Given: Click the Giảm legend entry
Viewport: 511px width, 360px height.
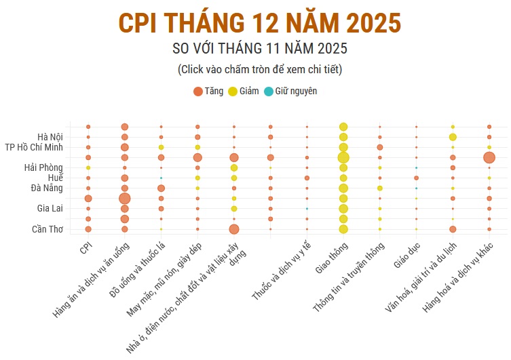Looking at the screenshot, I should (x=244, y=91).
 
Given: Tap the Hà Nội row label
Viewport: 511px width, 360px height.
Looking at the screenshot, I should (x=50, y=137).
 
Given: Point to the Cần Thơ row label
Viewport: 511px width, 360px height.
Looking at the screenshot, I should (x=48, y=229).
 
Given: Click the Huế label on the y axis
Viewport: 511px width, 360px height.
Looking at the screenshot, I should (x=55, y=178).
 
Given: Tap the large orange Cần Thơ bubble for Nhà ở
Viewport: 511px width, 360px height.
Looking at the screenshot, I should (x=234, y=229).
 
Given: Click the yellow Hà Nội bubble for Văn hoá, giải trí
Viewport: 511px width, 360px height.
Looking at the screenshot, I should (x=453, y=137).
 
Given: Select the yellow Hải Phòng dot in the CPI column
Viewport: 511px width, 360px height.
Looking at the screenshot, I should (x=88, y=167).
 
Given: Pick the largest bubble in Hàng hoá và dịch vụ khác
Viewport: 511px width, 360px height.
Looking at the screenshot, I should (x=489, y=157).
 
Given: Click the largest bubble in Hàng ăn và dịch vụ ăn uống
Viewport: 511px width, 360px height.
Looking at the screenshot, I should (x=125, y=198).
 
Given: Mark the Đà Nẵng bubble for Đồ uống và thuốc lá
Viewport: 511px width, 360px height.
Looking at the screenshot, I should (x=161, y=188).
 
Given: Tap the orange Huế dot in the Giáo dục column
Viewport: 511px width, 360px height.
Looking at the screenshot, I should (x=416, y=178).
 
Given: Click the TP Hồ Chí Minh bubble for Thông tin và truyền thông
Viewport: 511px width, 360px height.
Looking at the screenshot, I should (x=380, y=147).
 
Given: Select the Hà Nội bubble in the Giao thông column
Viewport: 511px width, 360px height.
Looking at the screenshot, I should (x=343, y=137).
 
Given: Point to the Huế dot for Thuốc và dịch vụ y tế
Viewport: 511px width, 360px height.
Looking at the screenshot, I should (x=307, y=178).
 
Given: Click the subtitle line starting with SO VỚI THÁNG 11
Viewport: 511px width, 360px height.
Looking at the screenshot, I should (x=260, y=49).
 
